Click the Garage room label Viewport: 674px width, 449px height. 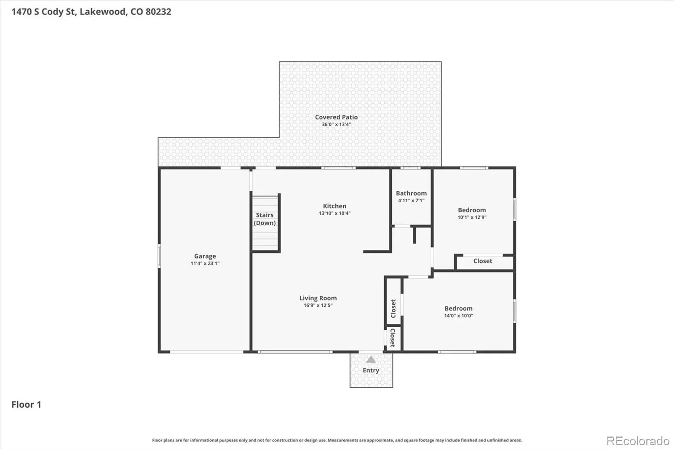[205, 256]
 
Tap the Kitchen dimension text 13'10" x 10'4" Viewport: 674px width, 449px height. [334, 214]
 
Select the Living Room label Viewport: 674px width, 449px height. [318, 298]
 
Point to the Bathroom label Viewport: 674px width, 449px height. [411, 193]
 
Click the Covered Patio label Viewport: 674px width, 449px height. [337, 117]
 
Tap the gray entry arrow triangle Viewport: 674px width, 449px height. [371, 359]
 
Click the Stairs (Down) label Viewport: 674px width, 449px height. [265, 219]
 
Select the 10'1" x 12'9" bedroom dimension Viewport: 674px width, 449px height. [472, 217]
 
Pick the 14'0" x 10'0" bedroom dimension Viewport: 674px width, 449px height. [459, 315]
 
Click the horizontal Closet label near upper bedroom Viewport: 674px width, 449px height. [483, 261]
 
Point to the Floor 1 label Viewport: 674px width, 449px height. [26, 404]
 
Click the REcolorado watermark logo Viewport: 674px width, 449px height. [638, 441]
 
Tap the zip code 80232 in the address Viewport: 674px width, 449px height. [158, 12]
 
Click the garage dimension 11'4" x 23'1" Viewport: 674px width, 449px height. [205, 263]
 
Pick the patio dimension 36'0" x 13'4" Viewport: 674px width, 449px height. [337, 124]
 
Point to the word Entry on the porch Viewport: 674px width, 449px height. [371, 370]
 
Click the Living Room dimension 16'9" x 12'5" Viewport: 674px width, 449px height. [318, 305]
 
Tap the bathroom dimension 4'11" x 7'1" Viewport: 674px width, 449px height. [411, 200]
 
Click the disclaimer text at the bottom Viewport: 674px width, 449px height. [337, 440]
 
